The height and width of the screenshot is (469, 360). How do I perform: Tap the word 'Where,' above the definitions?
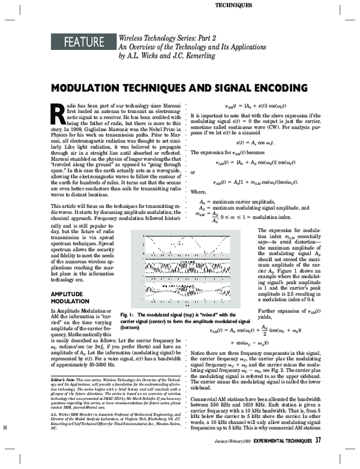coord(199,193)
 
